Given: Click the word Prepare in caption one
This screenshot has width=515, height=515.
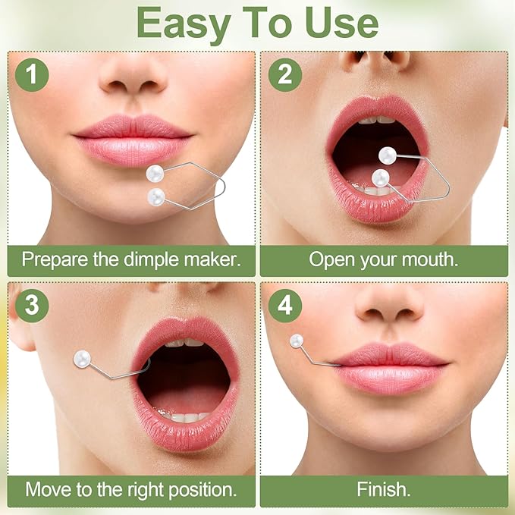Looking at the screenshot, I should (x=58, y=259).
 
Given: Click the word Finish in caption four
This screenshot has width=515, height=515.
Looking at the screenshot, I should (x=383, y=489).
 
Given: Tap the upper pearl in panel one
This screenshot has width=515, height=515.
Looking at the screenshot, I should (x=156, y=173).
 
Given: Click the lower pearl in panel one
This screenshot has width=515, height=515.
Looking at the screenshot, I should (x=157, y=197).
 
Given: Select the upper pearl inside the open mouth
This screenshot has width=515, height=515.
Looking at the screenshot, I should (x=388, y=155).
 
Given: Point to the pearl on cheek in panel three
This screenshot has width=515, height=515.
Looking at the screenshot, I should (x=82, y=357).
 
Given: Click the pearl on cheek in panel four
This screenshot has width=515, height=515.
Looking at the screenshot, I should (x=297, y=341).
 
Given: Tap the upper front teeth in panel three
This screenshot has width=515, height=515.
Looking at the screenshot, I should (x=186, y=343).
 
